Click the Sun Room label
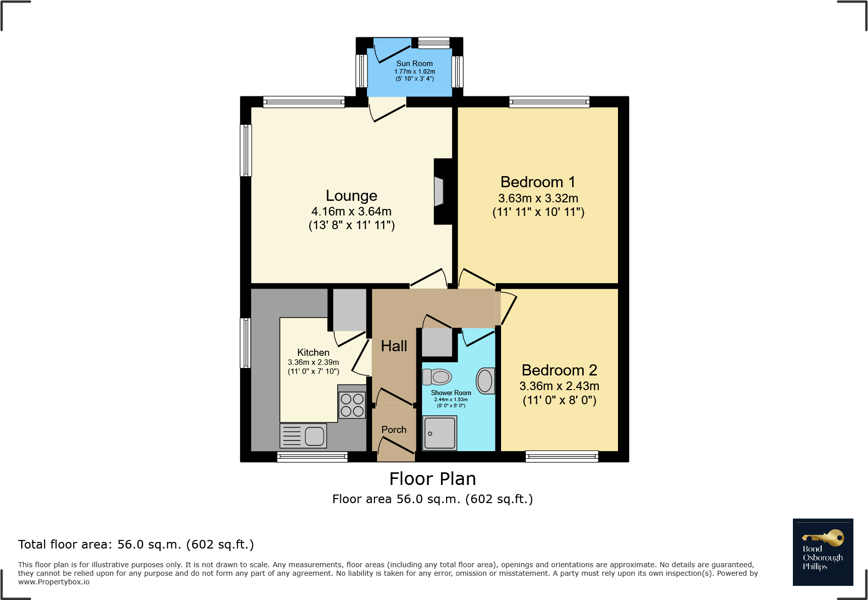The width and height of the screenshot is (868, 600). tap(414, 64)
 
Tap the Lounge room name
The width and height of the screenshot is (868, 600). tap(351, 196)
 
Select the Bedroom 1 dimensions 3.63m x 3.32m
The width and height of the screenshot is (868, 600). tap(538, 198)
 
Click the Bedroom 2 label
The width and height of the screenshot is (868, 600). tap(559, 370)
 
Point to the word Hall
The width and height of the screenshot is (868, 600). tap(394, 346)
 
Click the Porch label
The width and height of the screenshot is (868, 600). tap(394, 429)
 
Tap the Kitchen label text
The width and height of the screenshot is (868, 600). tap(313, 352)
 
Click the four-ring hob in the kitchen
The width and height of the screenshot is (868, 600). tap(352, 405)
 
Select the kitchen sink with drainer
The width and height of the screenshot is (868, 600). tap(303, 436)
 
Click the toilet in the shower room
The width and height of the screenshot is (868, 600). tap(437, 376)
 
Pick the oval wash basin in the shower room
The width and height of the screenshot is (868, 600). tap(485, 380)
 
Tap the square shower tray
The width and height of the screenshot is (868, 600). tap(440, 432)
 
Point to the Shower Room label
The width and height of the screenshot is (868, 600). tap(451, 393)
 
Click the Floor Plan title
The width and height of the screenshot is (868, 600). tap(432, 479)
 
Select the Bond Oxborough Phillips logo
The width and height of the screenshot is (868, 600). tap(823, 552)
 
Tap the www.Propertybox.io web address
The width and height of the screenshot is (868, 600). tap(54, 582)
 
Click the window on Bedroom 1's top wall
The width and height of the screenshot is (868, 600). tap(549, 102)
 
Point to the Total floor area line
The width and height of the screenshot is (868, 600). tap(136, 544)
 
